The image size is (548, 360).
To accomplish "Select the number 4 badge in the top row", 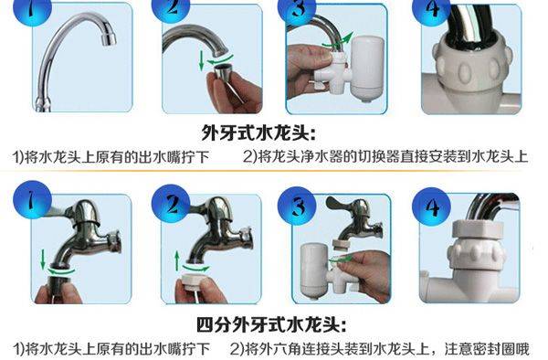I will [430, 9].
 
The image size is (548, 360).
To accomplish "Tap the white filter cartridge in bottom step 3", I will [316, 267].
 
